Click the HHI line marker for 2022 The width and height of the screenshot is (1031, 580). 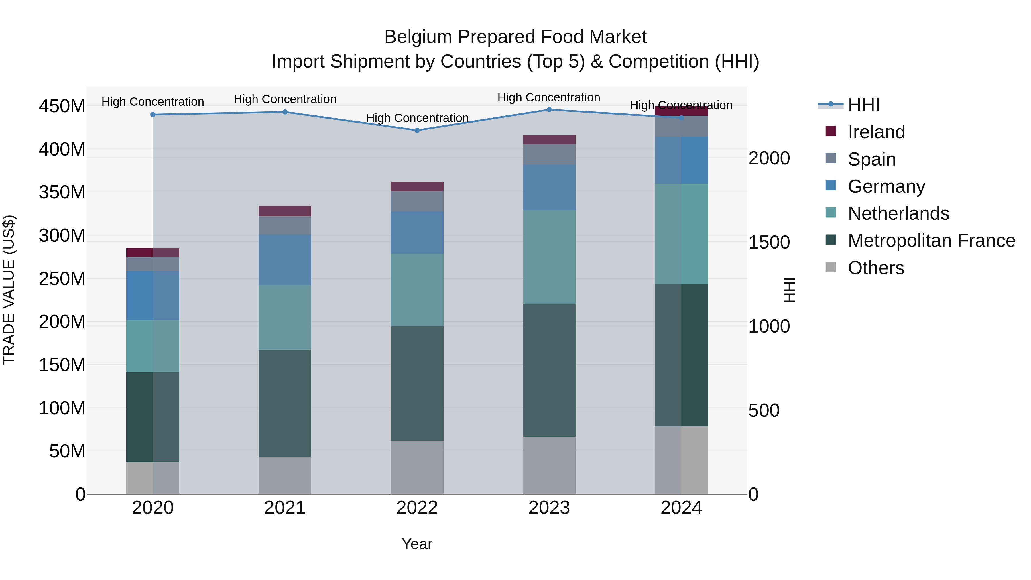tap(417, 131)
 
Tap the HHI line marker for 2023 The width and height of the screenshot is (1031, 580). tap(549, 110)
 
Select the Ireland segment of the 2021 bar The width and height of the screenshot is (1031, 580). tap(285, 211)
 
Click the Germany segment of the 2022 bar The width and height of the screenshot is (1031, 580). tap(417, 233)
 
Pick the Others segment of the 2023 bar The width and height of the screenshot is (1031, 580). tap(549, 465)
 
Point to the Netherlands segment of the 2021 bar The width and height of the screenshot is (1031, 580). tap(285, 317)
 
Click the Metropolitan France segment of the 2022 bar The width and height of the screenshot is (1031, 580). tap(417, 383)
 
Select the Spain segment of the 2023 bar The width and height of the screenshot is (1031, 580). tap(549, 154)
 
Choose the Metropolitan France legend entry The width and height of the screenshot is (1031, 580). tap(931, 241)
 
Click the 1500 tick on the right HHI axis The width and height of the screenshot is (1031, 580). tap(769, 242)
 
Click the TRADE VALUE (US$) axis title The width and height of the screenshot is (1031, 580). tap(9, 290)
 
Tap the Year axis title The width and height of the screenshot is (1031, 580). tap(417, 544)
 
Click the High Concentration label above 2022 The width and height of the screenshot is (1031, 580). tap(417, 118)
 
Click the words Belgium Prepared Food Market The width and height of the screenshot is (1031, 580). tap(515, 37)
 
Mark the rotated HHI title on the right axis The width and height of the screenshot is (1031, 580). tap(789, 290)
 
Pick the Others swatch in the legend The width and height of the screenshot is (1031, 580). tap(831, 267)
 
